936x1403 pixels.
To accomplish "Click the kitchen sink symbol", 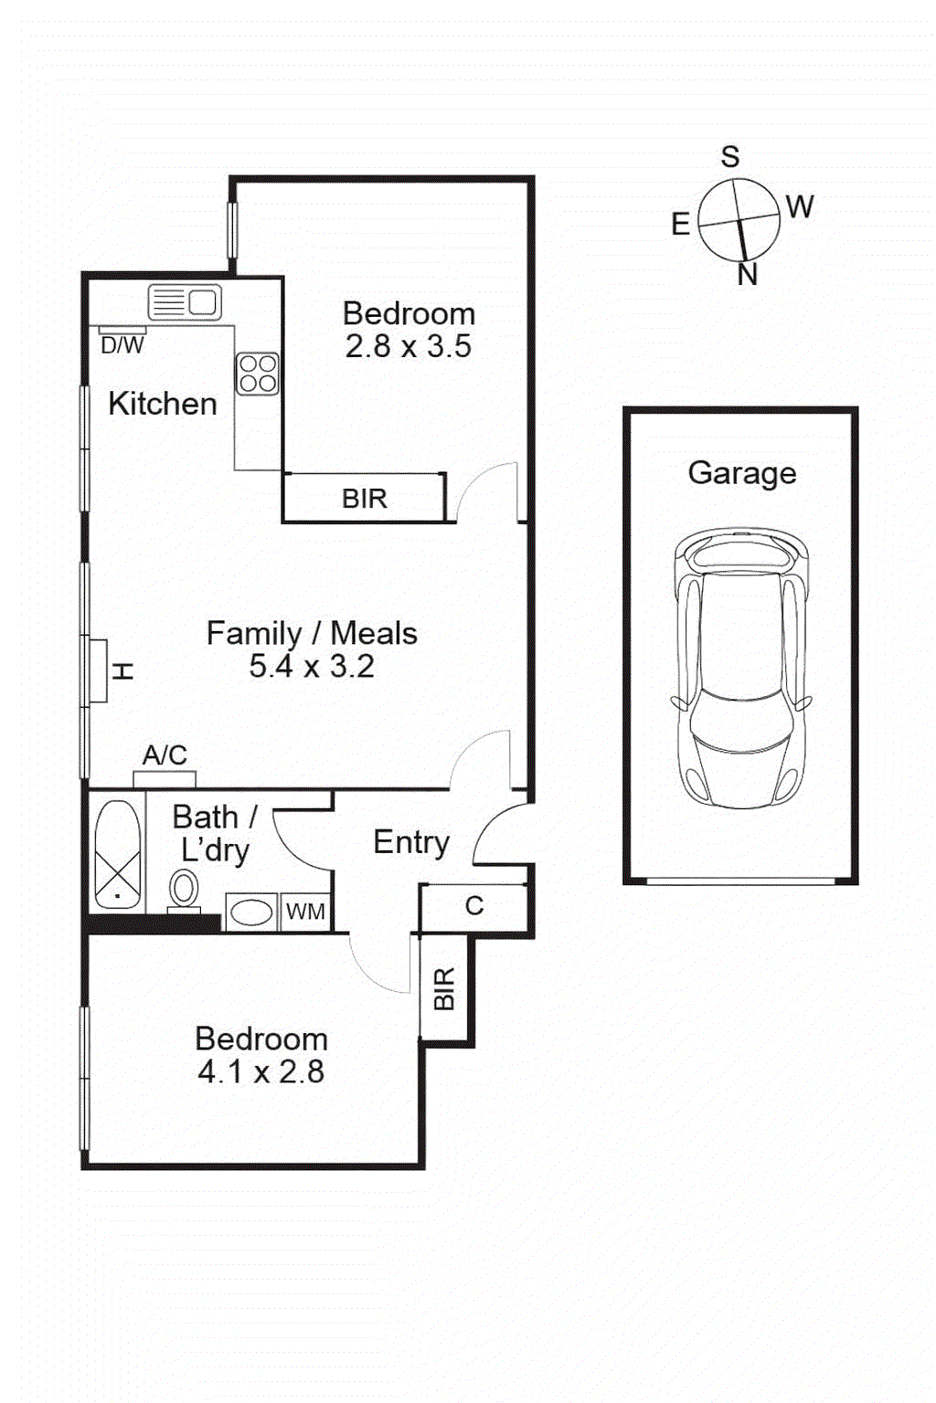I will click(x=185, y=301).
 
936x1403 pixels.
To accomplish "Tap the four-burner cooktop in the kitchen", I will click(x=257, y=374).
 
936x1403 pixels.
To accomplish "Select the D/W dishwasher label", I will click(x=122, y=345).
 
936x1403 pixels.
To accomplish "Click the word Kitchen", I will click(x=163, y=404).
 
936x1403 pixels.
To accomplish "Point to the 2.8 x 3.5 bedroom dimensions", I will click(x=409, y=347).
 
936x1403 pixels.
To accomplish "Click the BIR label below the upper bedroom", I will click(x=365, y=499).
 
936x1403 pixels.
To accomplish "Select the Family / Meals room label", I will click(x=312, y=633).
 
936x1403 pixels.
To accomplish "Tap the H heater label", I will click(x=123, y=671).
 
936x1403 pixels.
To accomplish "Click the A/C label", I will click(x=165, y=755).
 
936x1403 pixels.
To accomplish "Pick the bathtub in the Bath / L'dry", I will click(x=118, y=854).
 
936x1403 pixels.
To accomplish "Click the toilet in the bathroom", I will click(x=184, y=889).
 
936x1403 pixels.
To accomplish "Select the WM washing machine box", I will click(x=305, y=912).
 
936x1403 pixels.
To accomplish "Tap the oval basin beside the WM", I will click(x=250, y=912).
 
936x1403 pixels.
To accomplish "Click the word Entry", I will click(x=411, y=842).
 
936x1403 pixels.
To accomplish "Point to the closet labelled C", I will click(x=473, y=906).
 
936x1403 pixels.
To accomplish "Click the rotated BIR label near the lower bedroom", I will click(x=444, y=988).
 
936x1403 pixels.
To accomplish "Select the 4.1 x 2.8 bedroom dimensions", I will click(x=261, y=1071).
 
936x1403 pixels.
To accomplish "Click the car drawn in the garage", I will click(x=741, y=667).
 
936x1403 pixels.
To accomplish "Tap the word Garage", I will click(x=741, y=473).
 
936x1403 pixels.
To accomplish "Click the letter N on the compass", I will click(x=748, y=274).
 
